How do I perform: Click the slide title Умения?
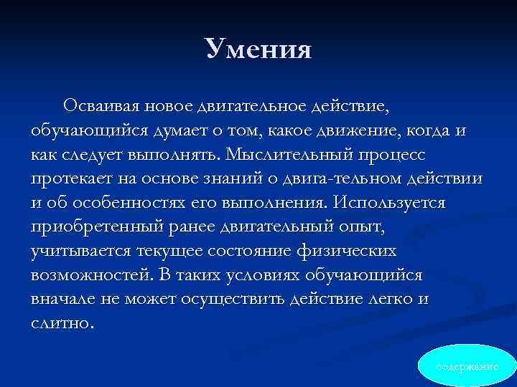pos(258,49)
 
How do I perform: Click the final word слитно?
pos(62,323)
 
